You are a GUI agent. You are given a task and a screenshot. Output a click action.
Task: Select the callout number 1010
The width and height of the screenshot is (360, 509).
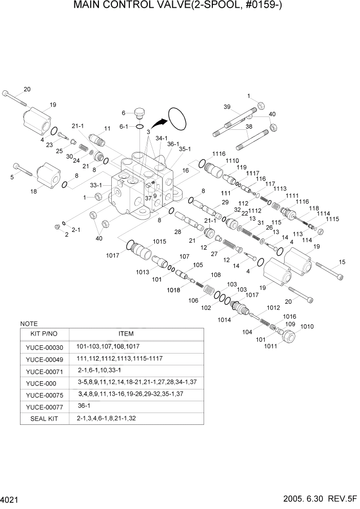[307, 327]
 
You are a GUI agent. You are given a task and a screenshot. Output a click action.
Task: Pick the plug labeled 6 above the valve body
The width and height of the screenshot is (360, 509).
[139, 111]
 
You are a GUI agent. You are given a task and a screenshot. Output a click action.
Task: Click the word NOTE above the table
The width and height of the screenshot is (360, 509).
[29, 324]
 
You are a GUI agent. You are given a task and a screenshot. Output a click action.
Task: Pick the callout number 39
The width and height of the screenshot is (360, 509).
[227, 106]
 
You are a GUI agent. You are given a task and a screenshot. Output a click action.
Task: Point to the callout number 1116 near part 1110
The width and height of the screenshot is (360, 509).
[219, 154]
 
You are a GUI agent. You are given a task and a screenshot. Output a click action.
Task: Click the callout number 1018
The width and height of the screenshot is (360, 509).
[173, 290]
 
